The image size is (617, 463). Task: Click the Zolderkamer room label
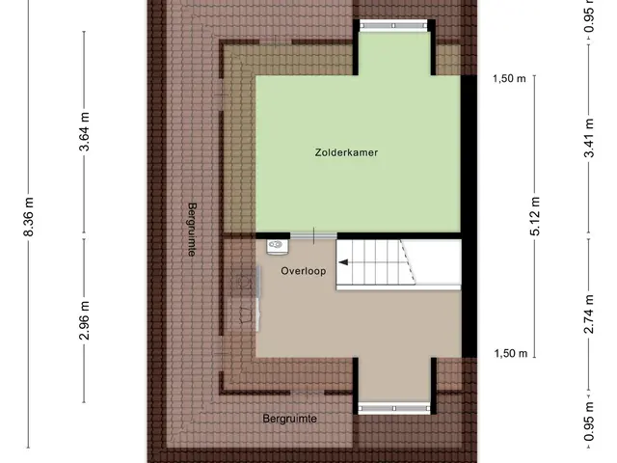point(346,152)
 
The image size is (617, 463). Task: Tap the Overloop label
point(304,271)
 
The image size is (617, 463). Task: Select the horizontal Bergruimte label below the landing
point(289,419)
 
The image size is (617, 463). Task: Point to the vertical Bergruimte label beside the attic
point(192,230)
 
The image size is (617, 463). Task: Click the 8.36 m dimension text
point(29,216)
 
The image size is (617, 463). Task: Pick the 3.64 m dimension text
point(84,131)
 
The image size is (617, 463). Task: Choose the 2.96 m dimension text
point(84,320)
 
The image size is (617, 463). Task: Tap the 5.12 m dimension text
point(535,216)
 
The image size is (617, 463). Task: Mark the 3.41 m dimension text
point(589,138)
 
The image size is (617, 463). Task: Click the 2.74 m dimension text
point(589,313)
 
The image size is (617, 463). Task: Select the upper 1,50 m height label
point(509,78)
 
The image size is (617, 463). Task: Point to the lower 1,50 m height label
point(510,353)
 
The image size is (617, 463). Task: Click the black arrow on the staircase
point(343,262)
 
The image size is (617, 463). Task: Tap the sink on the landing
point(278,247)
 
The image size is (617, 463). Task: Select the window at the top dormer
point(393,26)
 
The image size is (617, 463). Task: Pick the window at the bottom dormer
point(394,409)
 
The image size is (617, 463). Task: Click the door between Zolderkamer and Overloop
point(313,235)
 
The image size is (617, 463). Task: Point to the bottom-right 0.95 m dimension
point(589,422)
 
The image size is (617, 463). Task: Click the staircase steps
point(376,262)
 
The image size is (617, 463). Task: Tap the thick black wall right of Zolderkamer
point(469,216)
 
